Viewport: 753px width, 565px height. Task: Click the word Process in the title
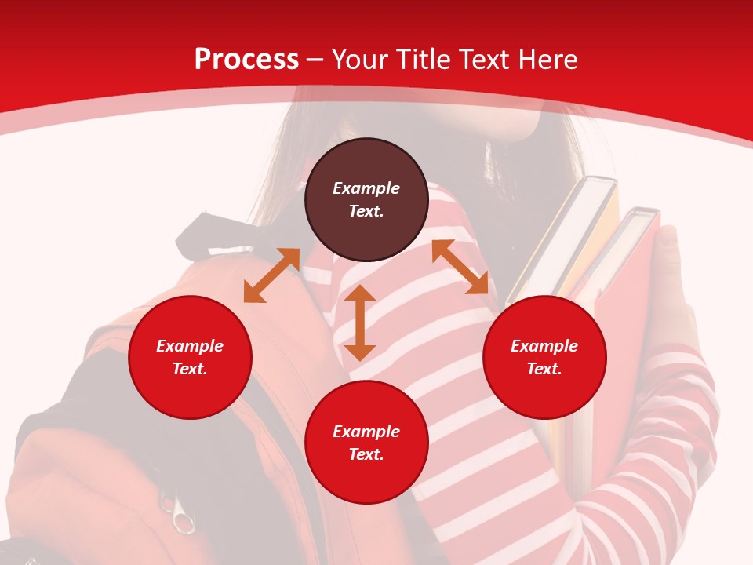246,60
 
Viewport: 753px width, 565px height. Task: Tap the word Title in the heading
422,60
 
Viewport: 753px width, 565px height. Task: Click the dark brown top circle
366,199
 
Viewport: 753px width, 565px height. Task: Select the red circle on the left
190,357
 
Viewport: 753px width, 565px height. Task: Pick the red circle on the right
544,357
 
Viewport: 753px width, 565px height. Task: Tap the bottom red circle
366,443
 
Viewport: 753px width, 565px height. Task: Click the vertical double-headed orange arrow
360,323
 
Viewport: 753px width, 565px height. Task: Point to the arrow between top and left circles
271,275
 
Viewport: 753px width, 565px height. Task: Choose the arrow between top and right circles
460,267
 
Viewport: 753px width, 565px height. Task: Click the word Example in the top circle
366,188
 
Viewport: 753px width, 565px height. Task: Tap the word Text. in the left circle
190,369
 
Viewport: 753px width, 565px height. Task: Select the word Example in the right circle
544,346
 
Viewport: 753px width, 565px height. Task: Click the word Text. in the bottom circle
366,454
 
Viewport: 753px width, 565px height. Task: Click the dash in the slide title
315,60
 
